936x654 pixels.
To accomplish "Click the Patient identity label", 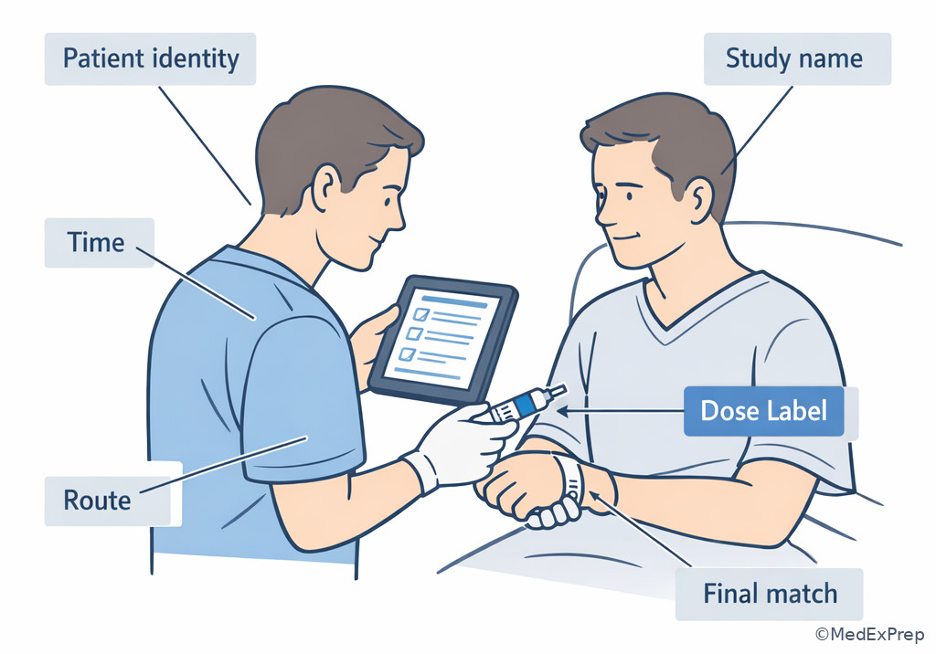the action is pyautogui.click(x=151, y=58).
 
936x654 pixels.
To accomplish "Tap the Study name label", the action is pyautogui.click(x=797, y=58).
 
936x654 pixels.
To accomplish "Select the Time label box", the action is pyautogui.click(x=99, y=242).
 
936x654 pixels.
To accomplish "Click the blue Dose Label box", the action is pyautogui.click(x=764, y=410).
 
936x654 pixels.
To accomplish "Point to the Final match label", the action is pyautogui.click(x=770, y=595).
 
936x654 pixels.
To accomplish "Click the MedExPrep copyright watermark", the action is pyautogui.click(x=870, y=634).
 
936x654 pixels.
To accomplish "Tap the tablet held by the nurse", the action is pyautogui.click(x=443, y=339).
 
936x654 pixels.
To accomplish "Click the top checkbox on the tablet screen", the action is pyautogui.click(x=421, y=314).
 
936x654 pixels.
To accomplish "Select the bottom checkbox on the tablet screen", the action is pyautogui.click(x=407, y=353).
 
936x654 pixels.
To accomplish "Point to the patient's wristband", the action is pyautogui.click(x=572, y=480).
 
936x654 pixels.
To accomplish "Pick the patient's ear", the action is pyautogui.click(x=698, y=201).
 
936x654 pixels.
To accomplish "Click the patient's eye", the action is pyautogui.click(x=629, y=196).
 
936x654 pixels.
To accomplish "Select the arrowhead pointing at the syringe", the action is pyautogui.click(x=562, y=410).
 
